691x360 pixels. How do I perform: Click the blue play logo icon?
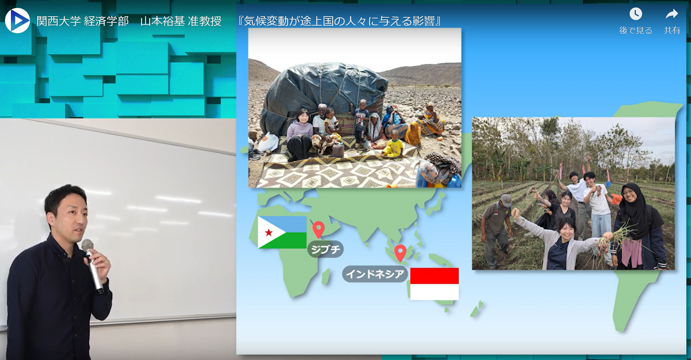click(x=17, y=21)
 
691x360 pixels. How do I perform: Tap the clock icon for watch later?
click(x=635, y=14)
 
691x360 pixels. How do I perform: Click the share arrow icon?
click(x=672, y=14)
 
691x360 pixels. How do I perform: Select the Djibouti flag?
click(x=282, y=232)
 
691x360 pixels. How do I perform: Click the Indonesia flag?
click(x=434, y=284)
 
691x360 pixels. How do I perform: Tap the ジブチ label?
click(x=325, y=249)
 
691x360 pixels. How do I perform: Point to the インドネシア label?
click(x=375, y=274)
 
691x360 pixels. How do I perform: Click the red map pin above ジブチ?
click(x=318, y=229)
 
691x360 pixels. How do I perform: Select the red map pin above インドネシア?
click(x=400, y=253)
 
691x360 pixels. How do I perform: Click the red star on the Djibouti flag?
click(x=269, y=232)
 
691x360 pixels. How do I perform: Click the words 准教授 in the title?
click(x=204, y=21)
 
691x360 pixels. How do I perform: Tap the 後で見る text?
click(x=635, y=30)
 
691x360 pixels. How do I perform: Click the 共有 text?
click(x=672, y=30)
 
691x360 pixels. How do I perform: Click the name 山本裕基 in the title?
click(x=162, y=21)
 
